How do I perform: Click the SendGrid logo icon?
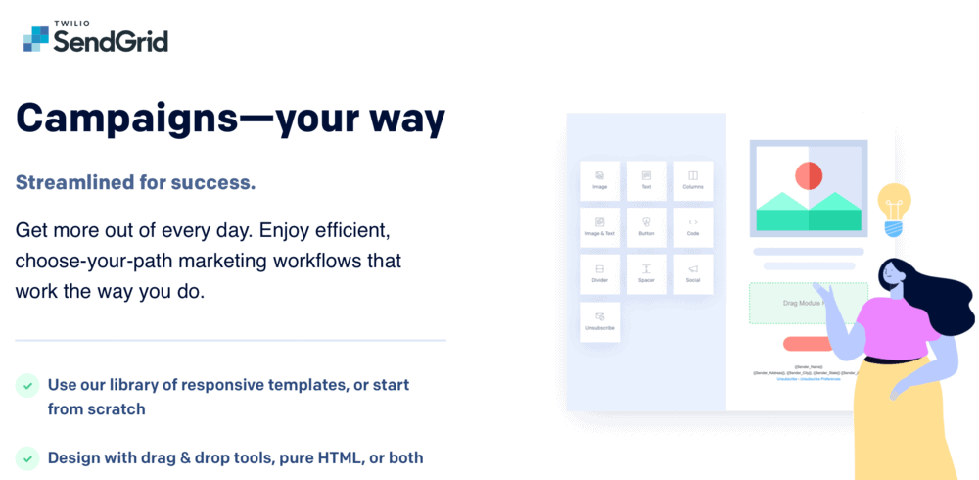point(36,38)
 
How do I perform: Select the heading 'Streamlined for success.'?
point(135,182)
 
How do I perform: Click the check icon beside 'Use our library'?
point(27,385)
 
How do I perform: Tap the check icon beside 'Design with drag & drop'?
point(27,457)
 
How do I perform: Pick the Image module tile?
point(599,180)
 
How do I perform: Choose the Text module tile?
point(646,180)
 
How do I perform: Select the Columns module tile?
point(692,180)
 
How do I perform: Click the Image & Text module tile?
point(599,227)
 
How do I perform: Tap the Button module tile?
point(646,227)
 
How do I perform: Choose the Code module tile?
point(692,227)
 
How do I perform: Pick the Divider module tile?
point(599,274)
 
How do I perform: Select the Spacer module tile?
point(646,274)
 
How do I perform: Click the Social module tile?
point(692,274)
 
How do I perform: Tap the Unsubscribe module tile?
point(599,321)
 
